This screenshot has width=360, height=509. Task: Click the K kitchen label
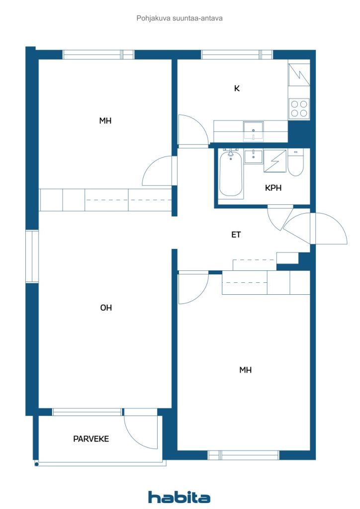pyautogui.click(x=237, y=88)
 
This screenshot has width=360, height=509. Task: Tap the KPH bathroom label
pyautogui.click(x=273, y=188)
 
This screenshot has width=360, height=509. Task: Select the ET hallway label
pyautogui.click(x=236, y=235)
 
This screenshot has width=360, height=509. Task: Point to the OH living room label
pyautogui.click(x=106, y=308)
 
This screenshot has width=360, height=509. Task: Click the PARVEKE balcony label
pyautogui.click(x=91, y=439)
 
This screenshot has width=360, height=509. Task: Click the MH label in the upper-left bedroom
pyautogui.click(x=105, y=121)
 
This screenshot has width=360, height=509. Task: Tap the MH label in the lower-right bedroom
pyautogui.click(x=246, y=370)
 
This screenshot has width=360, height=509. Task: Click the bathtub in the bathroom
pyautogui.click(x=231, y=173)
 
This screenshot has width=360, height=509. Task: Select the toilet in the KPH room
pyautogui.click(x=295, y=163)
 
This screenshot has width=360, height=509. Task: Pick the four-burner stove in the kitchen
pyautogui.click(x=299, y=108)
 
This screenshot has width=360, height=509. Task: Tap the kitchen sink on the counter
pyautogui.click(x=254, y=131)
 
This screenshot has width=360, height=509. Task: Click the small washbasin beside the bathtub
pyautogui.click(x=254, y=157)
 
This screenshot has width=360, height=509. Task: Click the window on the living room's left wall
pyautogui.click(x=32, y=256)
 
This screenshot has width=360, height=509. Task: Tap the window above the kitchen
pyautogui.click(x=237, y=55)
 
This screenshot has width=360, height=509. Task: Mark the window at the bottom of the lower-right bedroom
pyautogui.click(x=244, y=455)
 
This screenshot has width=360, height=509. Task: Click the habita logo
pyautogui.click(x=179, y=497)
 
